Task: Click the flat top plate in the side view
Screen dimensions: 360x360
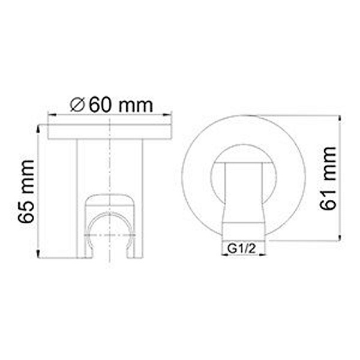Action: click(x=110, y=131)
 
